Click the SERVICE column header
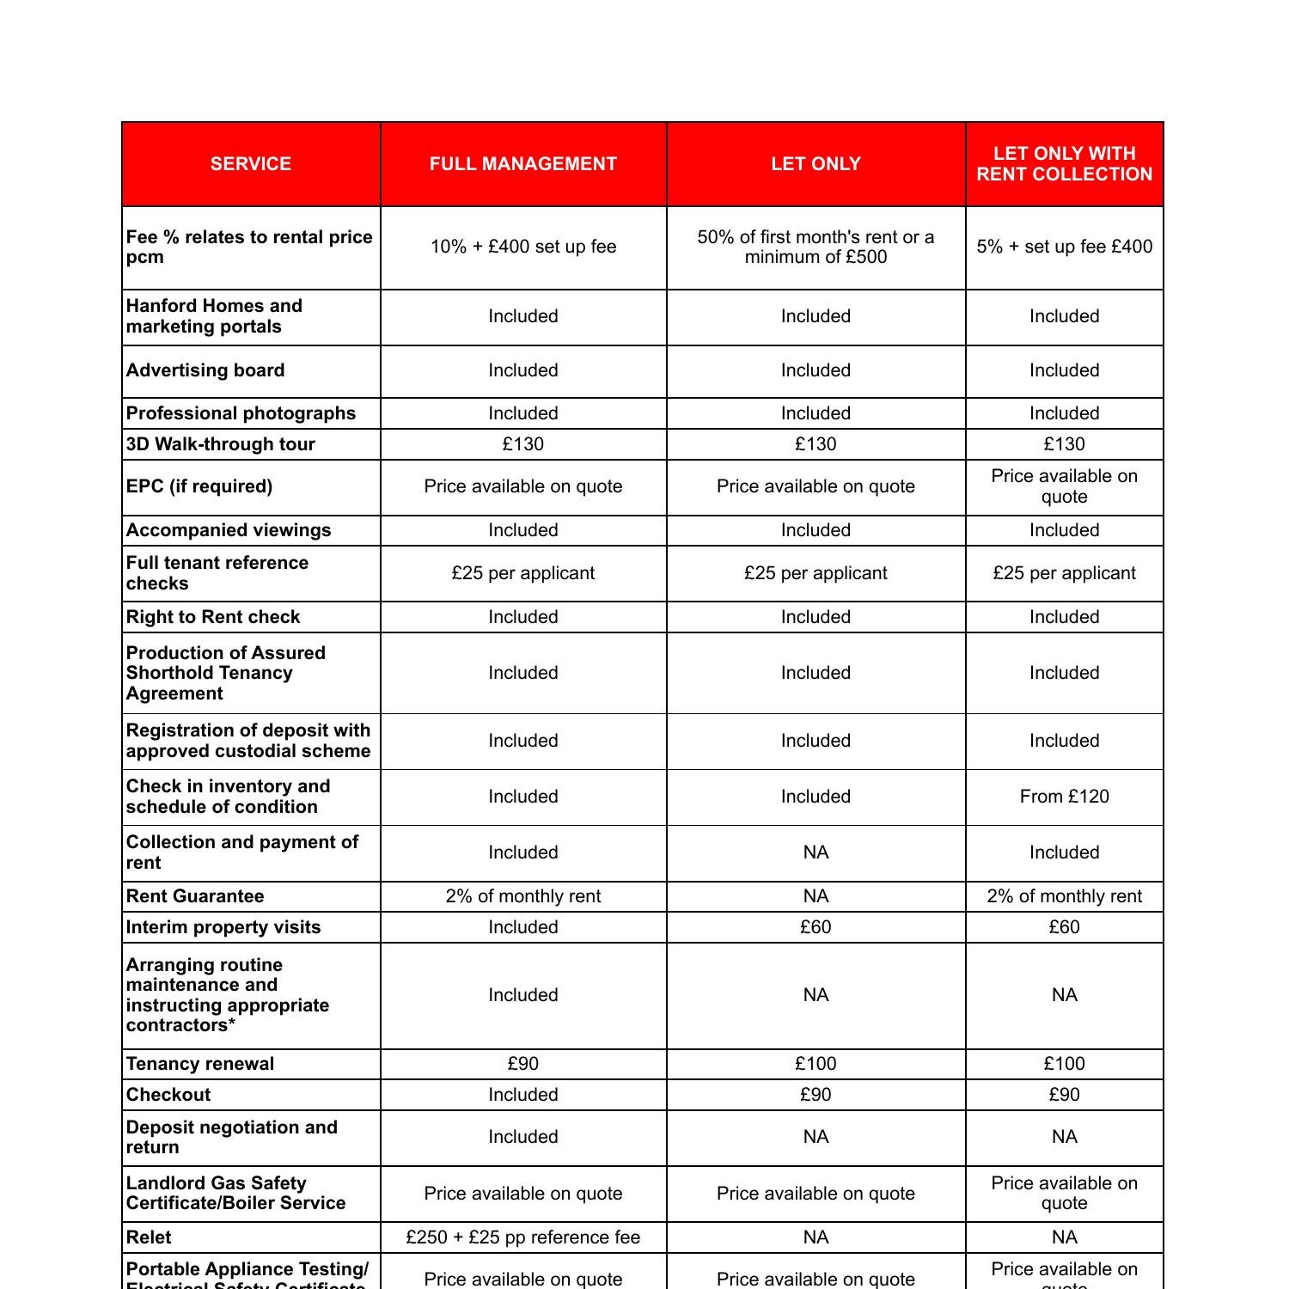(251, 164)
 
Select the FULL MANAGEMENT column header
(523, 164)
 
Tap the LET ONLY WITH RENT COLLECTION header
(1064, 164)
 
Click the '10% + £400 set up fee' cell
(523, 247)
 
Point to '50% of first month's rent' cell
(816, 247)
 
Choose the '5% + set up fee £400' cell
(1064, 247)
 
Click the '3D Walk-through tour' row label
(221, 444)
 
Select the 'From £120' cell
(1064, 797)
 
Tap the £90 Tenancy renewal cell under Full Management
(523, 1064)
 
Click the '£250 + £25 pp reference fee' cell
(523, 1237)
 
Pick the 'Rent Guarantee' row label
(195, 896)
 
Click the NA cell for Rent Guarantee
(816, 896)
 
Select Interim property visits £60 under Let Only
(816, 927)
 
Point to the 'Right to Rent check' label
(213, 617)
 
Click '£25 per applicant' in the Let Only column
(816, 573)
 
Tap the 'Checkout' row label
(168, 1095)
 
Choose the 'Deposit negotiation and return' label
(232, 1137)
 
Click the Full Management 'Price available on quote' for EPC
(523, 486)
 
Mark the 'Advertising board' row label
(205, 370)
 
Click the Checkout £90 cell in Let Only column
(816, 1095)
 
